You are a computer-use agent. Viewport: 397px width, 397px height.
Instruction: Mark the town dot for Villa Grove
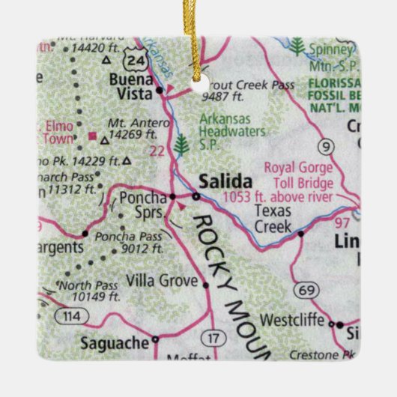[x=205, y=284]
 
